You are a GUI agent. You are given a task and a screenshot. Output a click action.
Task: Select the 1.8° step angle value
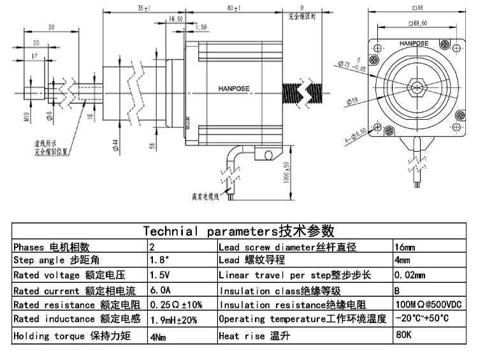point(158,261)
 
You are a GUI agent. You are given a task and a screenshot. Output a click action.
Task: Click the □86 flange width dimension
point(418,8)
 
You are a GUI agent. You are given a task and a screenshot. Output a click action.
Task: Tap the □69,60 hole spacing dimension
point(417,23)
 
